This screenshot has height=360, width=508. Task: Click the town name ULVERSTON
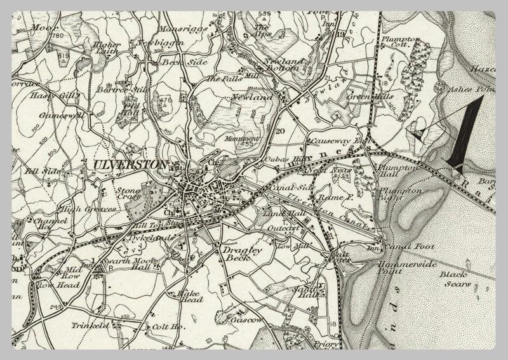click(130, 165)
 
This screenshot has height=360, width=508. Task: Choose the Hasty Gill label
click(47, 95)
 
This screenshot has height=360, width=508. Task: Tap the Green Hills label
click(370, 97)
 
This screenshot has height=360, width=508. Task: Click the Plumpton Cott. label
click(400, 43)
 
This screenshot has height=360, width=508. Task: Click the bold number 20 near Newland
click(280, 131)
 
